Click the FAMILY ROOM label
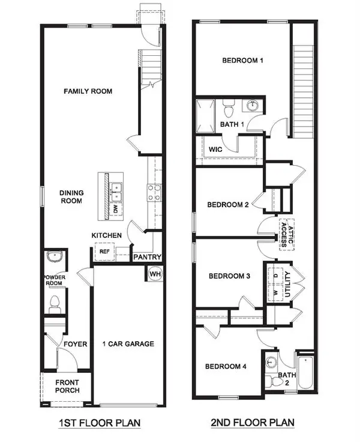tap(88, 91)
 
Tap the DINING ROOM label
tap(71, 197)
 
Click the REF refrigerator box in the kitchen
tap(104, 252)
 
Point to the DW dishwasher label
tap(116, 209)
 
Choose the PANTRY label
tap(147, 256)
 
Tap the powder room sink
tap(54, 258)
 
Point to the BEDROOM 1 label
tap(243, 61)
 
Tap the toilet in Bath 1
tap(227, 110)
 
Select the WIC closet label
tap(216, 148)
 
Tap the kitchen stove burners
tap(153, 192)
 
